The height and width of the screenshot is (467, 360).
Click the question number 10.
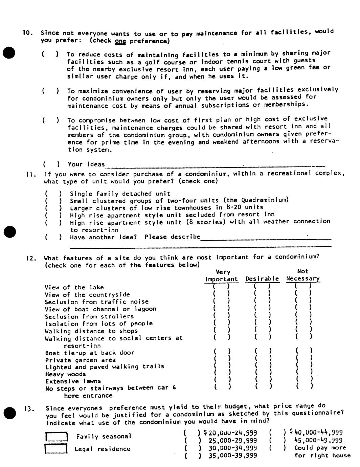[28, 33]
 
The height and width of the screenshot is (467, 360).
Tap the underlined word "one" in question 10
[120, 41]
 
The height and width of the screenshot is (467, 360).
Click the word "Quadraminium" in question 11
[267, 200]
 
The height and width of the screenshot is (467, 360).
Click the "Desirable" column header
[262, 279]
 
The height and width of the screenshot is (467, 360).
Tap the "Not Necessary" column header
[303, 275]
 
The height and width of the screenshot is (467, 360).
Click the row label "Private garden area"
[80, 360]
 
